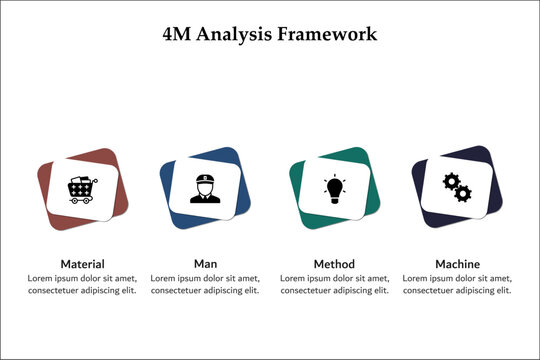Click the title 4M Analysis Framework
click(x=270, y=33)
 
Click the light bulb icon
click(x=333, y=187)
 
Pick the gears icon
click(x=456, y=187)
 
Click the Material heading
click(x=82, y=264)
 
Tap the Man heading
click(x=205, y=264)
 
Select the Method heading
click(x=334, y=264)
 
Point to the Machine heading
click(x=457, y=264)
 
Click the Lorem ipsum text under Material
click(x=82, y=284)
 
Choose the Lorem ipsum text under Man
click(x=205, y=284)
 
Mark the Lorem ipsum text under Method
click(x=334, y=284)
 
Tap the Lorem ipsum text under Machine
click(x=457, y=284)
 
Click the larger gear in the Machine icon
click(x=451, y=182)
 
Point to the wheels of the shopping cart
click(x=81, y=200)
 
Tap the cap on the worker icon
click(x=205, y=179)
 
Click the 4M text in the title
click(x=176, y=33)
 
